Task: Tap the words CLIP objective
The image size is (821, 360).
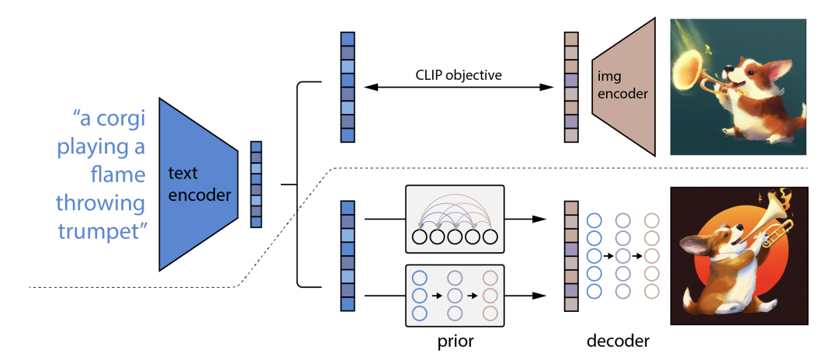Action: (x=457, y=75)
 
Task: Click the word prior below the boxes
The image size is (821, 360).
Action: (x=455, y=341)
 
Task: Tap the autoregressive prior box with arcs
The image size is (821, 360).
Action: (x=455, y=218)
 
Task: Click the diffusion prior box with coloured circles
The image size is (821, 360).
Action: (x=455, y=296)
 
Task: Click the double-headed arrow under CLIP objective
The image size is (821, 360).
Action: (x=457, y=88)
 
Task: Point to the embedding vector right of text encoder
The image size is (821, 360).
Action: (x=256, y=184)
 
